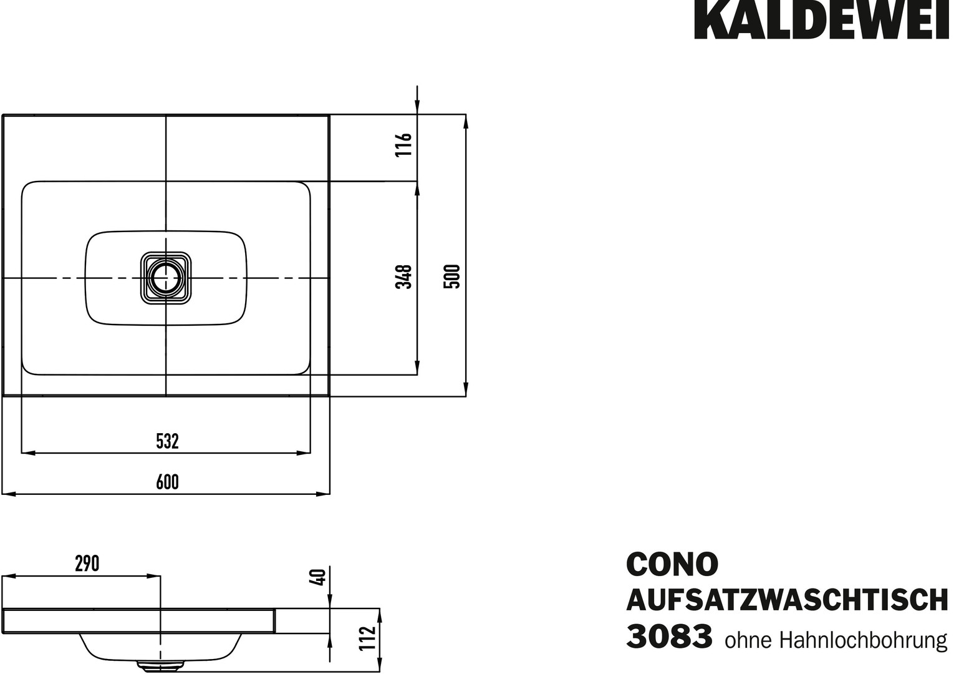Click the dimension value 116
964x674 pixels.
tap(404, 145)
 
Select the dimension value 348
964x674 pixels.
tap(404, 276)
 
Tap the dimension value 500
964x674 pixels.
tap(452, 276)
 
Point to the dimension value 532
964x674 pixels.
tap(167, 441)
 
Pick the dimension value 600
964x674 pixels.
tap(167, 482)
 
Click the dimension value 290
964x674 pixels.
tap(87, 564)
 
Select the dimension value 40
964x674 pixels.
tap(319, 577)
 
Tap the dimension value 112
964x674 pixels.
tap(367, 638)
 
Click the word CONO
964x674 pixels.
tap(672, 564)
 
